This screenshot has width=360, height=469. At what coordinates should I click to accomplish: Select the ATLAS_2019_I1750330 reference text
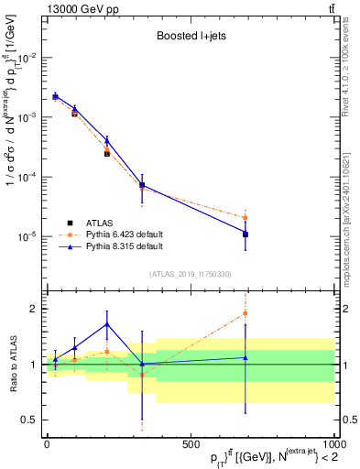pyautogui.click(x=190, y=274)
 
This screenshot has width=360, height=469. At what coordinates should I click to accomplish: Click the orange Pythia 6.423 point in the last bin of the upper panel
pyautogui.click(x=245, y=217)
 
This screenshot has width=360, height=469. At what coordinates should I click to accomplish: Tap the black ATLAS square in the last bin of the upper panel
pyautogui.click(x=245, y=234)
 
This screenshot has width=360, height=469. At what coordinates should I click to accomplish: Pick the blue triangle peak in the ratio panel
pyautogui.click(x=107, y=323)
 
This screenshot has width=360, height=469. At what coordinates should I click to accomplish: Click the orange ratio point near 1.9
pyautogui.click(x=245, y=313)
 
